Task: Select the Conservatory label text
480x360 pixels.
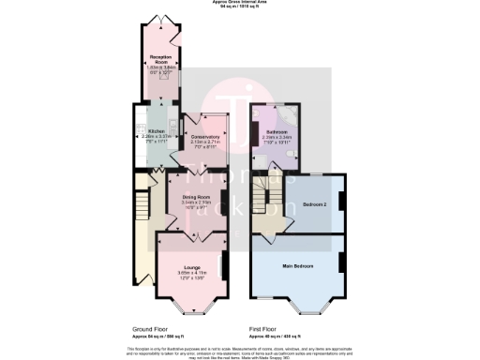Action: (204, 138)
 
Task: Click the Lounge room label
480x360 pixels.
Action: (190, 267)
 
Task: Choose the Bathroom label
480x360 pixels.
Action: (275, 132)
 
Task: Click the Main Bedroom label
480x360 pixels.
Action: (297, 267)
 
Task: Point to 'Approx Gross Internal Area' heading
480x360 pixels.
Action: (240, 4)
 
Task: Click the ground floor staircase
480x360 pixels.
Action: (142, 202)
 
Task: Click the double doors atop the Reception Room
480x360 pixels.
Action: (156, 19)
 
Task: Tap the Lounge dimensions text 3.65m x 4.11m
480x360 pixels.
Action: (190, 273)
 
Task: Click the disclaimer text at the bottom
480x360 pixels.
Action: (240, 351)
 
